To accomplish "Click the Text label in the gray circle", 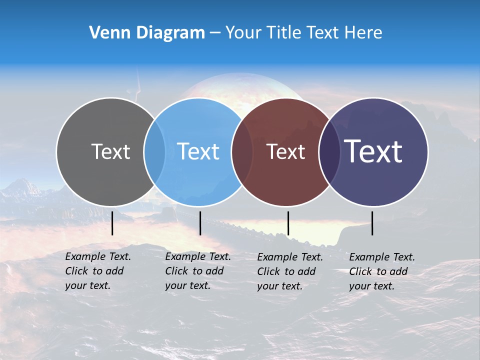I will coord(110,151).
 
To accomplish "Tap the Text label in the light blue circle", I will coord(198,151).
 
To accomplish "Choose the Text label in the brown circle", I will coord(285,151).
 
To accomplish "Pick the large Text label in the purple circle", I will coord(373,151).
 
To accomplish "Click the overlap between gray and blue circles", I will coord(154,152).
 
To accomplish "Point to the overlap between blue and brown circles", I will coord(242,152).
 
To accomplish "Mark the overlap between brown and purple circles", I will coord(329,152).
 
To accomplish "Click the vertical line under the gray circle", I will coord(112,223).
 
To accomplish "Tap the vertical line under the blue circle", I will coord(200,223).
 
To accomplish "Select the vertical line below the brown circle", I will coord(288,223).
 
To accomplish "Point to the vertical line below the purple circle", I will coord(372,223).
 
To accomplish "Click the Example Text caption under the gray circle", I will coord(97,271).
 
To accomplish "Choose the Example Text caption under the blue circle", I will coord(197,271).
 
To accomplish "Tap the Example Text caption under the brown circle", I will coord(289,271).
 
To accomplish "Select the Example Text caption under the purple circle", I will coord(381,271).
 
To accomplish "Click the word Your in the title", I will coord(244,33).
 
